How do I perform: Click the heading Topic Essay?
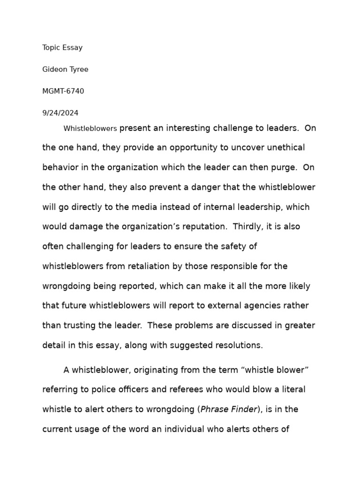pyautogui.click(x=62, y=47)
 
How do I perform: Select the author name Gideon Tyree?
pyautogui.click(x=65, y=69)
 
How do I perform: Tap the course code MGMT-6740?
pyautogui.click(x=63, y=91)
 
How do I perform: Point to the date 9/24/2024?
pyautogui.click(x=60, y=113)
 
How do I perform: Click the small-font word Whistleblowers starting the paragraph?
pyautogui.click(x=90, y=128)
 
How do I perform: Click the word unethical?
pyautogui.click(x=285, y=148)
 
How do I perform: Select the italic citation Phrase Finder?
pyautogui.click(x=229, y=409)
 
